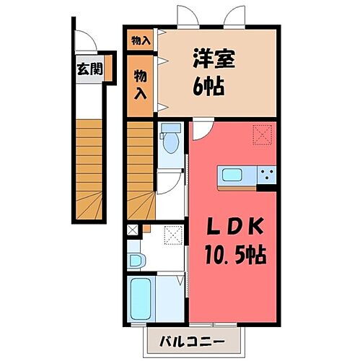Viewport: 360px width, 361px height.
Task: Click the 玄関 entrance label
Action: click(90, 70)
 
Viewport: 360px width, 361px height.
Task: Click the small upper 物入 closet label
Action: click(141, 41)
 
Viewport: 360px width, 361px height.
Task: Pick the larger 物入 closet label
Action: click(141, 83)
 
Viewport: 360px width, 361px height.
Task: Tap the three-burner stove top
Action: click(266, 175)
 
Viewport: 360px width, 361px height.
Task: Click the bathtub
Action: click(139, 297)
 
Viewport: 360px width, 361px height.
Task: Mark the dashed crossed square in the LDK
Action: click(260, 133)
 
